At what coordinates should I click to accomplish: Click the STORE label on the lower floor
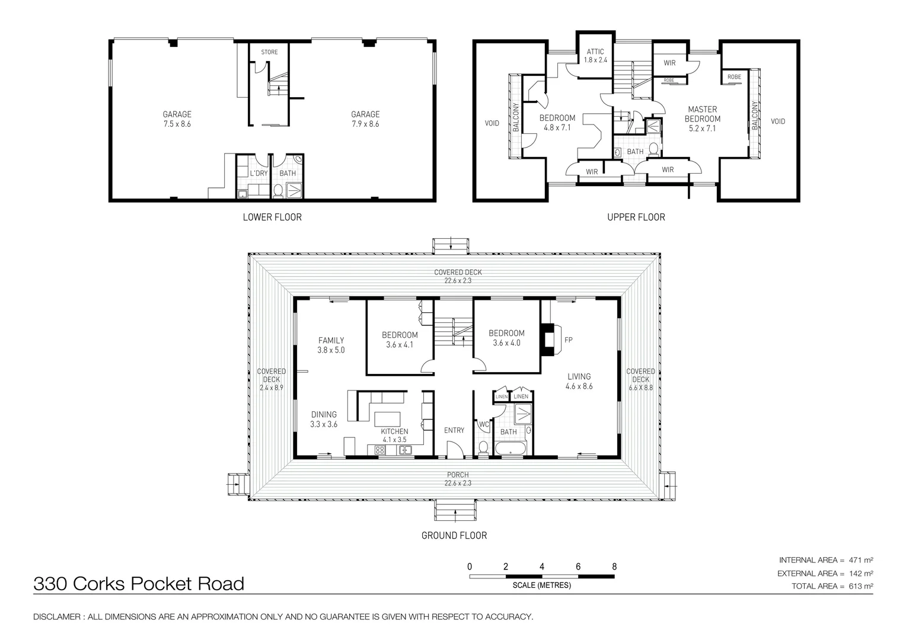point(269,52)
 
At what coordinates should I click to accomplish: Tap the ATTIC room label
point(595,52)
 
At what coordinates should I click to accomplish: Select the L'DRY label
point(259,173)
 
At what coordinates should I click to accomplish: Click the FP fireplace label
point(568,340)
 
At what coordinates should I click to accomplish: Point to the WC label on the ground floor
point(484,424)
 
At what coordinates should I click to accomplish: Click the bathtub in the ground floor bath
point(511,449)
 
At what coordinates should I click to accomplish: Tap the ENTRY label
point(454,430)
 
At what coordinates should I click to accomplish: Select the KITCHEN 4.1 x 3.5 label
point(394,436)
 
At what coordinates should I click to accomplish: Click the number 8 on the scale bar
point(614,567)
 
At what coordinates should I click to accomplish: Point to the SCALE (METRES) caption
point(541,585)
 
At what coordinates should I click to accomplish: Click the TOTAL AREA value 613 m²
point(861,586)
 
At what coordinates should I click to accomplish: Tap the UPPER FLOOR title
point(636,217)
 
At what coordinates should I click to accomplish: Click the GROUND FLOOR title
point(454,535)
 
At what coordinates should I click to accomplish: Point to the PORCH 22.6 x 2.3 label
point(458,479)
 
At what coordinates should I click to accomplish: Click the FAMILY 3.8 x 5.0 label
point(331,345)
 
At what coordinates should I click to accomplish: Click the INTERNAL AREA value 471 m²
point(861,560)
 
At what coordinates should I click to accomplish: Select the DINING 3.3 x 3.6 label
point(324,419)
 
